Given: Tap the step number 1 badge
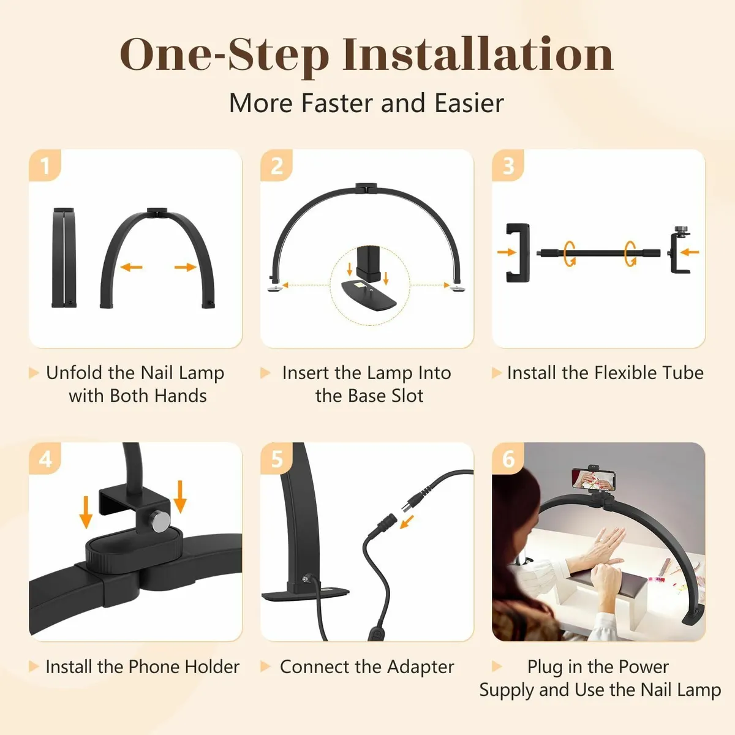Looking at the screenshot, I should pyautogui.click(x=45, y=166).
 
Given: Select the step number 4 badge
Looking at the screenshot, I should pyautogui.click(x=45, y=459).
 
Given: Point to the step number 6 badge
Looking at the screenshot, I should pyautogui.click(x=508, y=459).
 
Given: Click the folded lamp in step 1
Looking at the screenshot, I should pyautogui.click(x=64, y=257).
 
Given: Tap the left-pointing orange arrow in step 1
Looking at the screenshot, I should pyautogui.click(x=131, y=267).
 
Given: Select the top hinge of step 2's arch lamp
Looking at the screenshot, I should pyautogui.click(x=366, y=187).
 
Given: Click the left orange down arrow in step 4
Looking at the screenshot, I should pyautogui.click(x=86, y=511).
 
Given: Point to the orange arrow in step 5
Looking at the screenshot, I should pyautogui.click(x=406, y=521).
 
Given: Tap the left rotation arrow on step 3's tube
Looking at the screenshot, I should pyautogui.click(x=570, y=252).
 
